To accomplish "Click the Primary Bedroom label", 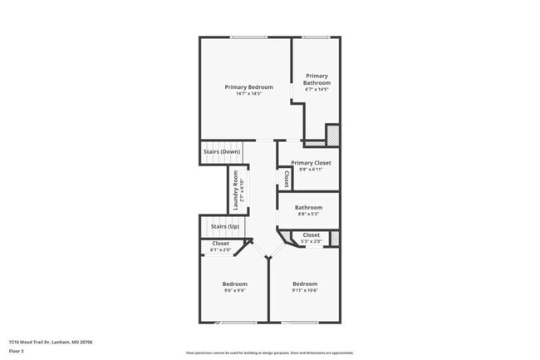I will point(248,86).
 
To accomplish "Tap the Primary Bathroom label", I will point(317,80).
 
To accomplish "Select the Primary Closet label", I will point(311,163).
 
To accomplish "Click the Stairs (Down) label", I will point(222,152).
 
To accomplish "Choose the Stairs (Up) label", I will point(224,226).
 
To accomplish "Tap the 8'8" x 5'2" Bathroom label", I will point(308,208).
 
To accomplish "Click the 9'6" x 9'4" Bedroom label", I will point(234,284).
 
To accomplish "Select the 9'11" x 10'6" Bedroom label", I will point(305,284).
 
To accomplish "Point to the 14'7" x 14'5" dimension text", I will point(248,93).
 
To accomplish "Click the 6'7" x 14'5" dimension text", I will point(317,90).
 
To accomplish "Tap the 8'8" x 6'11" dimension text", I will point(311,170).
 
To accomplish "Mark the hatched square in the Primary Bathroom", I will point(331,133).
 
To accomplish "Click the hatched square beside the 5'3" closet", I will point(335,239).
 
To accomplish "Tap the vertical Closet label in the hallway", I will point(287,178).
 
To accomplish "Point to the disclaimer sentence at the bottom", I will point(269,353).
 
